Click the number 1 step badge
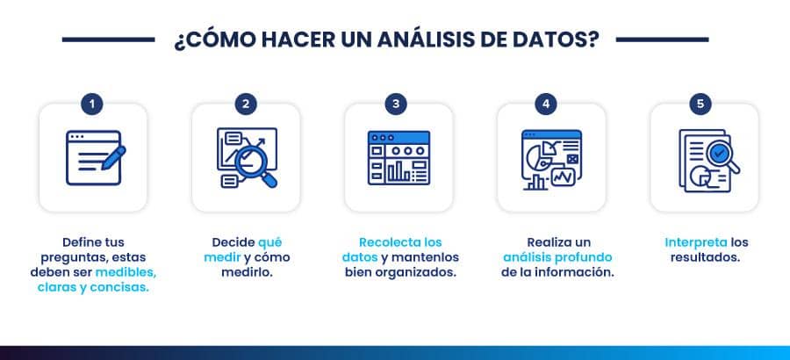point(91,104)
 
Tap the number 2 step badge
point(246,104)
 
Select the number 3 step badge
point(396,104)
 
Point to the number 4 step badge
point(546,104)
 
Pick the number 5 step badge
point(700,104)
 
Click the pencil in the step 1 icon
point(113,158)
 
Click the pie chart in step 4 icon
point(537,155)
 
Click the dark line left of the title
point(108,40)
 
